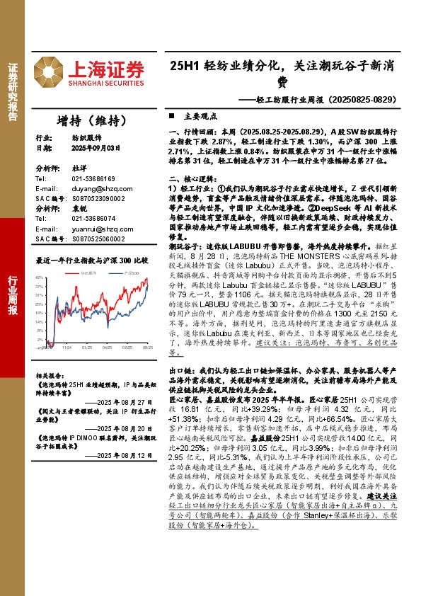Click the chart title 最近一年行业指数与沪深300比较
(92, 260)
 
